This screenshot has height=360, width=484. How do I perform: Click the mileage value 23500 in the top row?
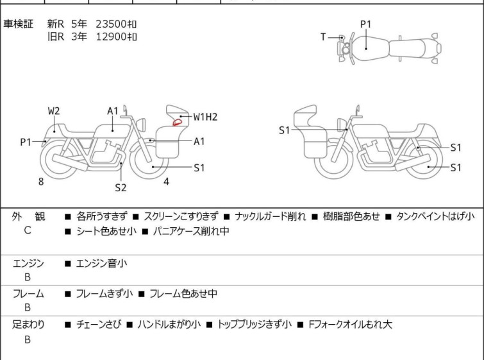(x=110, y=24)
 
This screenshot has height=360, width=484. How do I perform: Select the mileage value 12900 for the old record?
(x=110, y=37)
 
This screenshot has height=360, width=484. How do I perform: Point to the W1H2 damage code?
(x=206, y=117)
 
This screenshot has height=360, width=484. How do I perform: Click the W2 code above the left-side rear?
(x=54, y=111)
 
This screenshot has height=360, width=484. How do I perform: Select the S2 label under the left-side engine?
(x=121, y=187)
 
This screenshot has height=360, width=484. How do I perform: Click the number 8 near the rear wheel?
(x=41, y=182)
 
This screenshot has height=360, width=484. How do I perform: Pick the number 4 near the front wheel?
(x=167, y=182)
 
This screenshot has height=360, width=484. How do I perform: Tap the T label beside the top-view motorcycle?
(x=324, y=37)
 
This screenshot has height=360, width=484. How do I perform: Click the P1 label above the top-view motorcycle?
(x=365, y=24)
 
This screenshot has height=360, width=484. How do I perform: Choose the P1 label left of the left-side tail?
(x=26, y=142)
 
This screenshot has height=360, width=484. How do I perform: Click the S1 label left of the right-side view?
(x=285, y=131)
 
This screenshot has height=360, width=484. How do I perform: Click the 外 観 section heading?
(x=28, y=217)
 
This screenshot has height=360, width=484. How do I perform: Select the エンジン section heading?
(x=28, y=263)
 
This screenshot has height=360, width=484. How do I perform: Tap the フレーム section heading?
(x=28, y=294)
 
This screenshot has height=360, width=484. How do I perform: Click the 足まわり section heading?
(x=28, y=325)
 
